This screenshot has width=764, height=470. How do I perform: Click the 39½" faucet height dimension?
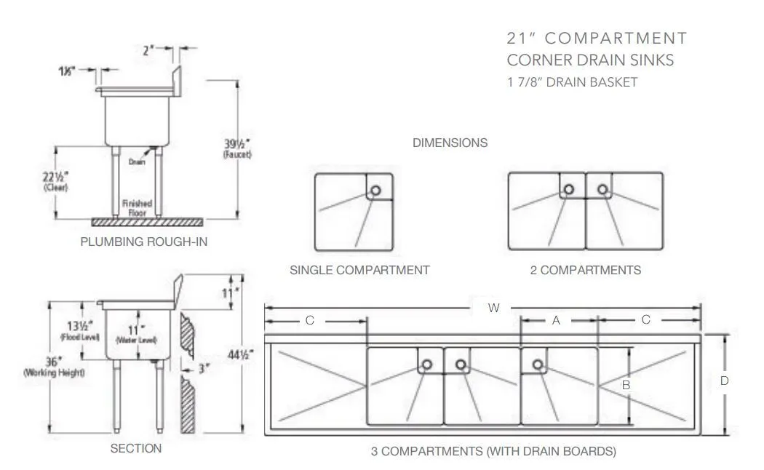point(237,148)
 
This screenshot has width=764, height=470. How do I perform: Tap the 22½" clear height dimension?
point(55,180)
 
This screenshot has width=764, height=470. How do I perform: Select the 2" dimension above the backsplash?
point(148,49)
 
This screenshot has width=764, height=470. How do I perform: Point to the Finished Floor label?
point(137,208)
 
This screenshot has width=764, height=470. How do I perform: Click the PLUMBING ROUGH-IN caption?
point(144,242)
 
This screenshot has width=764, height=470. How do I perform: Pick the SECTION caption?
point(136,449)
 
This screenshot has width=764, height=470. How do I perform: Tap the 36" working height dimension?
point(54,366)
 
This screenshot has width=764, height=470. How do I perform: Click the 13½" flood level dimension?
point(80,330)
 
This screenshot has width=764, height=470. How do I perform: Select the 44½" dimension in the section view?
point(241,354)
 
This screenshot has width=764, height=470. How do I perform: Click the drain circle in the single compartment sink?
point(375,190)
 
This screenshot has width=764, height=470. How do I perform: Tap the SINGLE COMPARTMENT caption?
point(359,271)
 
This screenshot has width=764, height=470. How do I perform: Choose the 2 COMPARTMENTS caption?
point(586,271)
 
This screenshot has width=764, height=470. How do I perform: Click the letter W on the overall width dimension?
point(493,308)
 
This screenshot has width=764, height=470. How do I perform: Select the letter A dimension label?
point(556,320)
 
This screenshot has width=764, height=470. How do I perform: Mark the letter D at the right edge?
point(725,381)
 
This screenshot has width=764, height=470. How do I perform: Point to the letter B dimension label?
point(626,386)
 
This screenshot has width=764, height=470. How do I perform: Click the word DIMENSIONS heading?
point(450,143)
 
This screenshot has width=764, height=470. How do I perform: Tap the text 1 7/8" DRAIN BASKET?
point(572,82)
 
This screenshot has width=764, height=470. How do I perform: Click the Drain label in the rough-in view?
point(137,162)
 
